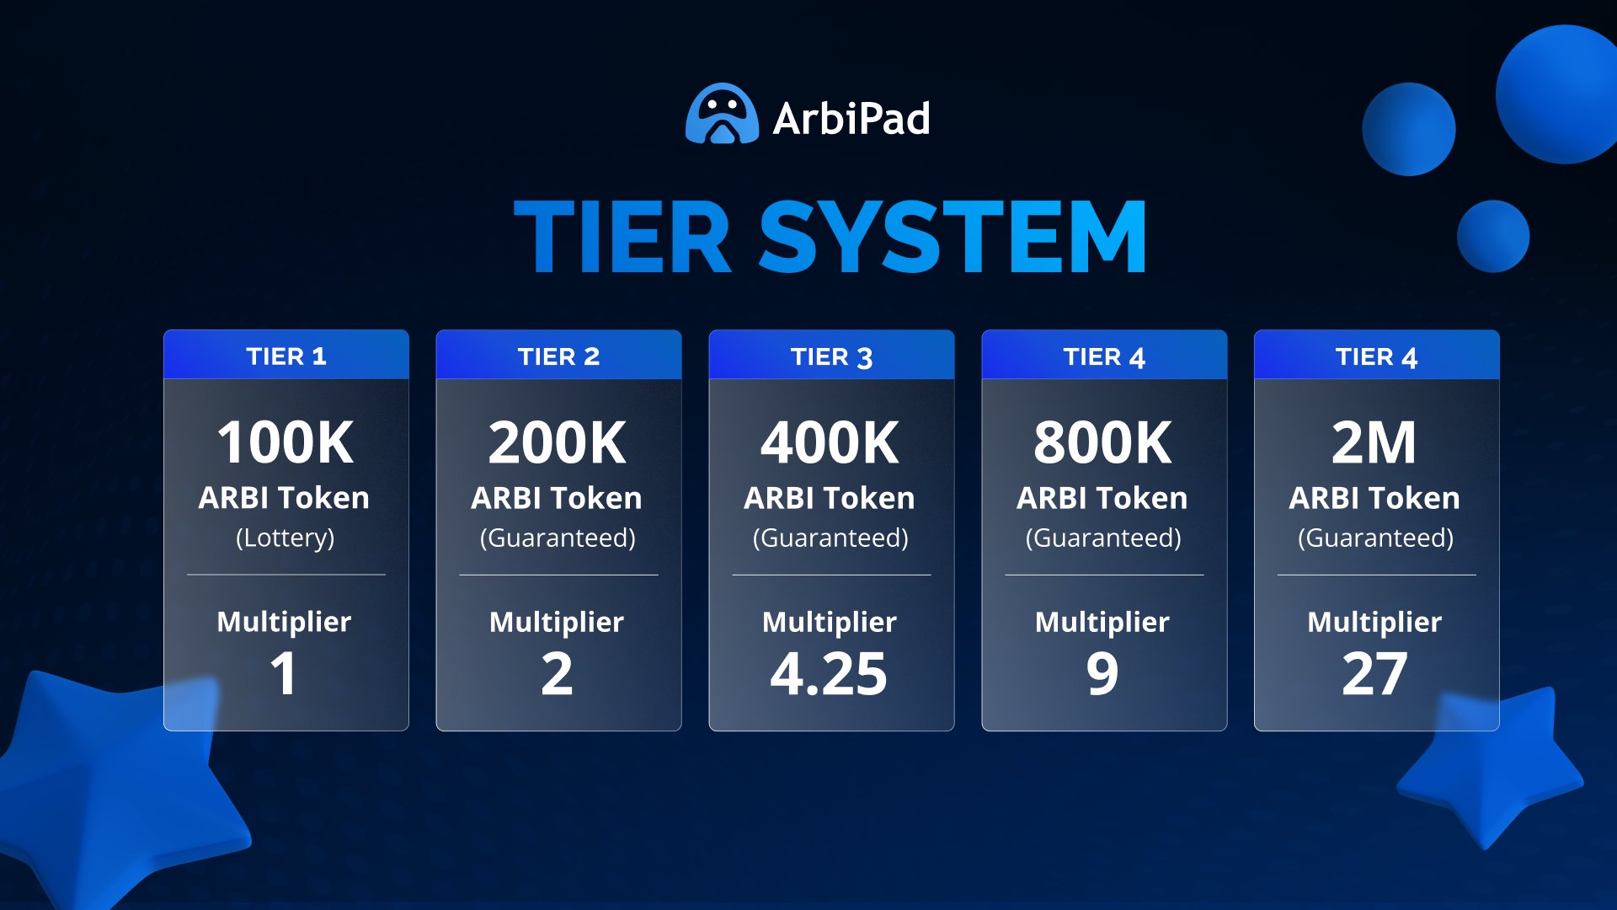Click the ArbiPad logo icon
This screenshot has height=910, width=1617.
[x=722, y=115]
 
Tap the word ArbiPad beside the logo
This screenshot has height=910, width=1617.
[x=851, y=119]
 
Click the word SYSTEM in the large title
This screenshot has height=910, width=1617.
[x=953, y=238]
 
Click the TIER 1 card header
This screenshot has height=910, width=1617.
[x=286, y=356]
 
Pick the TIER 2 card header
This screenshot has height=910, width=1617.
[x=558, y=356]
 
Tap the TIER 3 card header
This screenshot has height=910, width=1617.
[x=831, y=356]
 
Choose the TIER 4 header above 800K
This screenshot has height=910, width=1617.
[x=1104, y=356]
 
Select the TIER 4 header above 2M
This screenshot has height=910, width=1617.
[x=1376, y=356]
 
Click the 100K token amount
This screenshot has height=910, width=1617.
[x=286, y=442]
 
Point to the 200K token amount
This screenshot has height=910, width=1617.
[x=558, y=442]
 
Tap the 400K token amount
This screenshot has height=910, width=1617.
[x=830, y=442]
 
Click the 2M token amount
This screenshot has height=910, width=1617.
[x=1374, y=442]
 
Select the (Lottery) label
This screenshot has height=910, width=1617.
[x=286, y=538]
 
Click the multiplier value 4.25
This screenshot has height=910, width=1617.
[x=829, y=674]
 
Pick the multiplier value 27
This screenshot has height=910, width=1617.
[x=1374, y=674]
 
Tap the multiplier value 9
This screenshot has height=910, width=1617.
[x=1102, y=674]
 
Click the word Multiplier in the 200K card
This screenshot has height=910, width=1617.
[x=557, y=622]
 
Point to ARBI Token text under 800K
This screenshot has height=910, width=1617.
[x=1102, y=498]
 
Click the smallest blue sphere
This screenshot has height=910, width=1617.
[x=1493, y=236]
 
